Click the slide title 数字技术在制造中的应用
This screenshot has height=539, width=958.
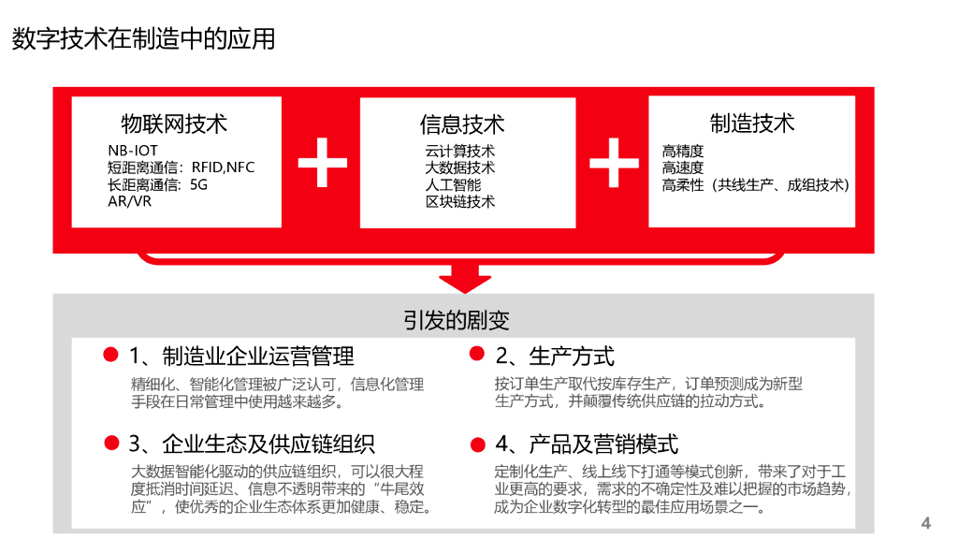pyautogui.click(x=143, y=38)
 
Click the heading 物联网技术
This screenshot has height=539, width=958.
pyautogui.click(x=174, y=124)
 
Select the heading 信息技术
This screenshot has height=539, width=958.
pyautogui.click(x=462, y=124)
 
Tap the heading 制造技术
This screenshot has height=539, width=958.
pyautogui.click(x=752, y=123)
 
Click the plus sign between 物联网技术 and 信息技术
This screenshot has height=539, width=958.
pyautogui.click(x=322, y=162)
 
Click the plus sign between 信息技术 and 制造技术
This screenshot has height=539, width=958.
pyautogui.click(x=614, y=162)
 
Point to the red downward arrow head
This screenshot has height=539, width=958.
pyautogui.click(x=464, y=278)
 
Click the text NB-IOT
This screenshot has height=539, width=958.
pyautogui.click(x=133, y=151)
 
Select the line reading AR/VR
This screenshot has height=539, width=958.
pyautogui.click(x=129, y=201)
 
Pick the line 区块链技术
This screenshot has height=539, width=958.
pyautogui.click(x=460, y=201)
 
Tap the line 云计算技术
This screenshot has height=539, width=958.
pyautogui.click(x=460, y=151)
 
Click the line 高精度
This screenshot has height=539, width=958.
pyautogui.click(x=683, y=151)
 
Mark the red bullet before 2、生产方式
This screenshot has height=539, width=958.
pyautogui.click(x=477, y=354)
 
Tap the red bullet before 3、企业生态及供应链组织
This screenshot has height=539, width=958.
pyautogui.click(x=111, y=443)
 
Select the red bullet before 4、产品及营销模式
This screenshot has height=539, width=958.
pyautogui.click(x=477, y=444)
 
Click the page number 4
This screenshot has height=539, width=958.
pyautogui.click(x=926, y=522)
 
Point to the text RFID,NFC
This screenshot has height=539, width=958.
pyautogui.click(x=223, y=168)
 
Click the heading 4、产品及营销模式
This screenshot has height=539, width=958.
pyautogui.click(x=587, y=444)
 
